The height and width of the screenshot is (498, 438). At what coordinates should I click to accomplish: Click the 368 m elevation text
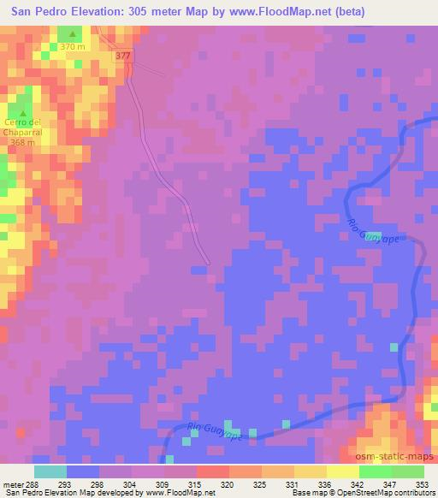tap(23, 142)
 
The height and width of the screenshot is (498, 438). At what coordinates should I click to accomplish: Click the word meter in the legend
tap(13, 484)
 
